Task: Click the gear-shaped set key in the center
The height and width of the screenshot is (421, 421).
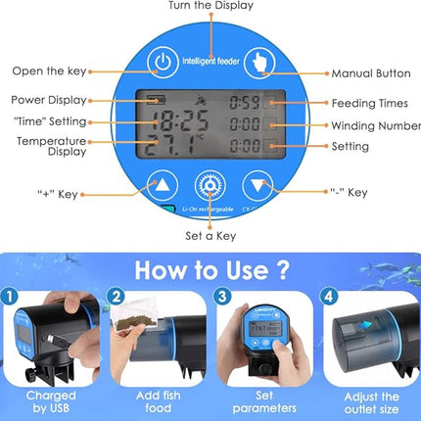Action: (x=208, y=187)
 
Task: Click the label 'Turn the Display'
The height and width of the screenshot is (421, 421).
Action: (x=210, y=6)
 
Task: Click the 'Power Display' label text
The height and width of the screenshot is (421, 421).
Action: (x=49, y=99)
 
